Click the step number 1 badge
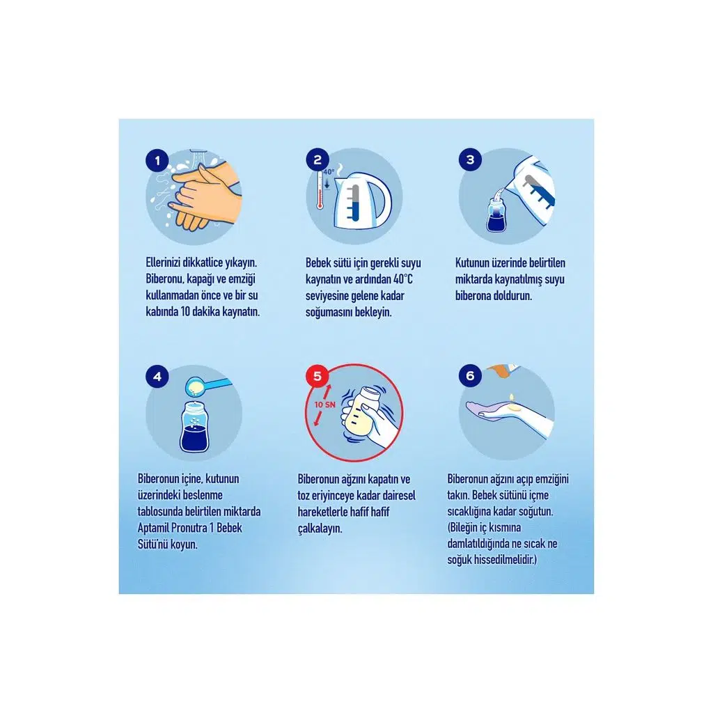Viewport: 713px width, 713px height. [157, 161]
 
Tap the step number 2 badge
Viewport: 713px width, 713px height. [318, 159]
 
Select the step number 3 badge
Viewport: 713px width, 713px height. [470, 159]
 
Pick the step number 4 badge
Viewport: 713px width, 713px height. [157, 377]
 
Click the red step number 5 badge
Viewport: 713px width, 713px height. [318, 376]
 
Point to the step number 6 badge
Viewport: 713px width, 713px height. [470, 375]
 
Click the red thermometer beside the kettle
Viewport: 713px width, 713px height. [320, 189]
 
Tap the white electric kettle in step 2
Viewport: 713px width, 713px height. [362, 201]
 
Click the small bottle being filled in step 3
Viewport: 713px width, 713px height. [496, 215]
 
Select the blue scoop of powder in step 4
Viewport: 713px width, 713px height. [207, 386]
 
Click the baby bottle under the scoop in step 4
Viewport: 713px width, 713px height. [195, 428]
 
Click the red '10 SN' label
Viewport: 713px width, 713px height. [324, 405]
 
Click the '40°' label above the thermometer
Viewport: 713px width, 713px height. [329, 172]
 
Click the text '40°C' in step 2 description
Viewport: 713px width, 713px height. [403, 279]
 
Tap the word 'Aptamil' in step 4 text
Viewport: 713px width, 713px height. [152, 528]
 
